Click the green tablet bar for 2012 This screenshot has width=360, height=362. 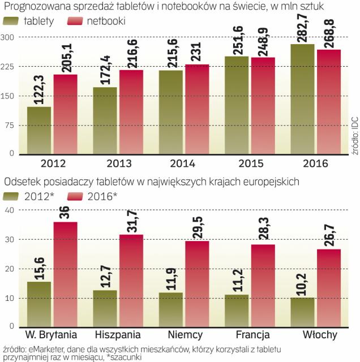pyautogui.click(x=39, y=130)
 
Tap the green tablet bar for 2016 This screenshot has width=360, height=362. pyautogui.click(x=302, y=99)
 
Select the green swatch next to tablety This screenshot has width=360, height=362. pyautogui.click(x=12, y=22)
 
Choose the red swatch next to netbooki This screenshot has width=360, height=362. pyautogui.click(x=76, y=22)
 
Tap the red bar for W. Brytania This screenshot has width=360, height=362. pyautogui.click(x=65, y=274)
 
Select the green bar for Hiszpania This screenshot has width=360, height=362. pyautogui.click(x=105, y=309)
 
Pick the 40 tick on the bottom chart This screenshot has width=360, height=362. pyautogui.click(x=10, y=210)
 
